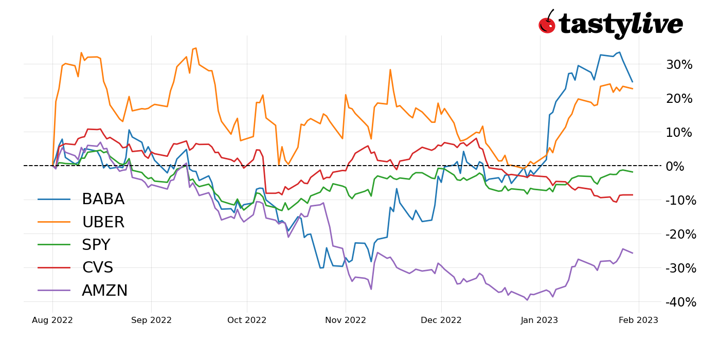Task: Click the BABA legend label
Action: click(x=103, y=200)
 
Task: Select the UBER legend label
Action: click(x=103, y=222)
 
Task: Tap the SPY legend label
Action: click(x=96, y=245)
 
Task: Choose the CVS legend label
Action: click(x=97, y=268)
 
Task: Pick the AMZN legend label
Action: click(x=104, y=291)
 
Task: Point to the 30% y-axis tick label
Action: click(x=679, y=65)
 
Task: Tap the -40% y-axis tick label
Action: click(x=680, y=302)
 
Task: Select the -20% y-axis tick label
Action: click(x=680, y=235)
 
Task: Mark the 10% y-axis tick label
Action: click(x=679, y=133)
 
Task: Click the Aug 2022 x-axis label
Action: click(x=52, y=320)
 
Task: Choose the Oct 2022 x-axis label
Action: click(x=247, y=320)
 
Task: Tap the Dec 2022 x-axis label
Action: click(x=441, y=320)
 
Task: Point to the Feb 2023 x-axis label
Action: click(x=638, y=320)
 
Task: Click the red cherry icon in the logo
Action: click(x=547, y=24)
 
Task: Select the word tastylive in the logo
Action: click(x=621, y=25)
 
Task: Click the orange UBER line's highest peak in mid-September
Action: click(x=195, y=48)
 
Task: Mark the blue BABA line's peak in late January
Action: click(x=619, y=52)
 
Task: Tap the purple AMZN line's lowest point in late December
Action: click(x=527, y=300)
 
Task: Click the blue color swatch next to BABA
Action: click(x=54, y=200)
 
